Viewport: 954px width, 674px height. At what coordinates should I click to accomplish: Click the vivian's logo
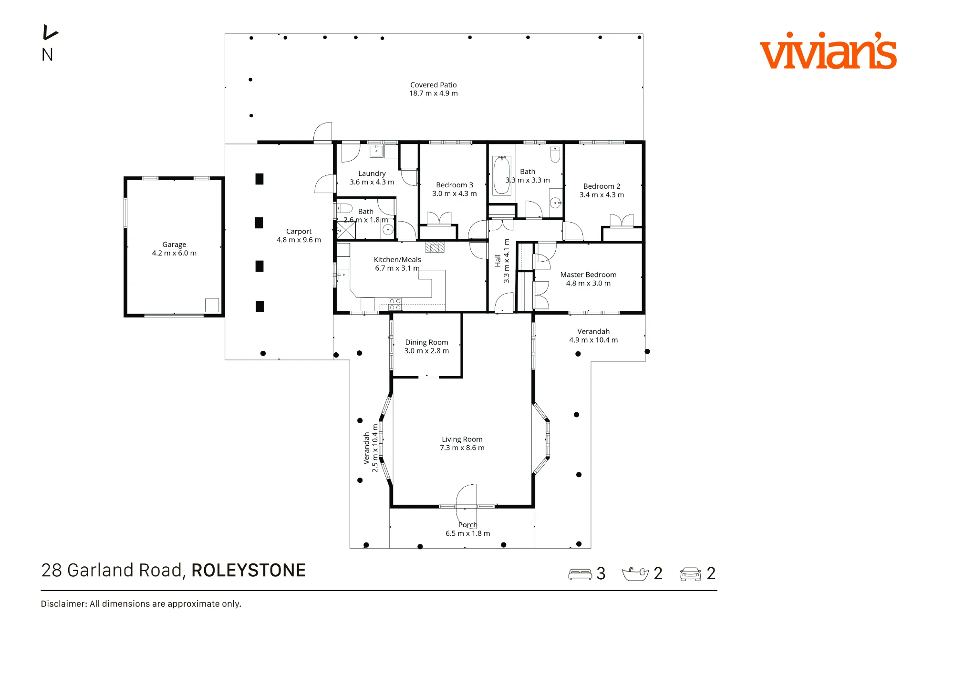click(828, 51)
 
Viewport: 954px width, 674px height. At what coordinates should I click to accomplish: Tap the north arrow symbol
click(50, 32)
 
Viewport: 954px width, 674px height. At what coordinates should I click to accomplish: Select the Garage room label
click(174, 245)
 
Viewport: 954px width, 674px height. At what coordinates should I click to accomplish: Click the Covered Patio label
click(433, 85)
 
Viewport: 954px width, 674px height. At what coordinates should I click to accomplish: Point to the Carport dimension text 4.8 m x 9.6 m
click(299, 240)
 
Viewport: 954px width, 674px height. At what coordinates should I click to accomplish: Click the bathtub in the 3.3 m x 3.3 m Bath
click(501, 175)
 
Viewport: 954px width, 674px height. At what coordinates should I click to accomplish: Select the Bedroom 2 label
click(601, 186)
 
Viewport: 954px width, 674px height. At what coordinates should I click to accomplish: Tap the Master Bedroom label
click(588, 275)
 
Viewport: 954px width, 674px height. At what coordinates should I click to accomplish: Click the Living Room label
click(462, 439)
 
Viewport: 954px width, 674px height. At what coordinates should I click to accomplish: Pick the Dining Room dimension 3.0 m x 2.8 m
click(426, 351)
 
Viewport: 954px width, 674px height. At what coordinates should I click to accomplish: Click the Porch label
click(467, 525)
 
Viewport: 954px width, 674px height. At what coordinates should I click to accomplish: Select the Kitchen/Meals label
click(397, 260)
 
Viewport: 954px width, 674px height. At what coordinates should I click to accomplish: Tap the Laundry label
click(372, 174)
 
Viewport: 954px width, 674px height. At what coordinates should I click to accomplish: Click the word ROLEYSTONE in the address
click(249, 570)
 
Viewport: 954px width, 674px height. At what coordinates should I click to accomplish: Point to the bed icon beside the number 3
click(580, 574)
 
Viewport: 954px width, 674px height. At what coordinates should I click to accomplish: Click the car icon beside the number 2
click(690, 574)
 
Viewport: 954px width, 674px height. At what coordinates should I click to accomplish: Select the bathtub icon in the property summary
click(635, 574)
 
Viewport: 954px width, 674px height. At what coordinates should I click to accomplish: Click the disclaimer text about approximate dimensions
click(141, 604)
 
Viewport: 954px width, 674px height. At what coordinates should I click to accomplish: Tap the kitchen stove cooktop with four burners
click(395, 304)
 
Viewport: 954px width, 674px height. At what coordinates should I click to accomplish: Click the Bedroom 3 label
click(454, 185)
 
